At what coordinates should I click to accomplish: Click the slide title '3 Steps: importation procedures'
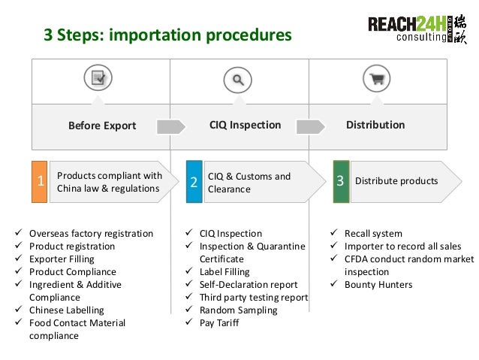167,35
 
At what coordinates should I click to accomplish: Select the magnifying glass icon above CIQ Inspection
238,78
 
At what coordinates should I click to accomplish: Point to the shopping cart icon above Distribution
376,78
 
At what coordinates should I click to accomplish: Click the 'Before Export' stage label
102,126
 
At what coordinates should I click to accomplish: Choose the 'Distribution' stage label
375,125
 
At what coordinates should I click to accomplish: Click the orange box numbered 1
39,181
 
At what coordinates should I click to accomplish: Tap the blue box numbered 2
193,182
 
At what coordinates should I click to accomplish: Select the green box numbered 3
341,181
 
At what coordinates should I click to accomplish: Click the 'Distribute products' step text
396,181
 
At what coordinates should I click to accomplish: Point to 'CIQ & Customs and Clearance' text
249,183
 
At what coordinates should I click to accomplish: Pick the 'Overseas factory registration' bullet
91,234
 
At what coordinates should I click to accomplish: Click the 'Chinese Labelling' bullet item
67,310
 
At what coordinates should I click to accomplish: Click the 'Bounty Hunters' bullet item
378,285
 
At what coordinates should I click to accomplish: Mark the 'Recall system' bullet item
373,234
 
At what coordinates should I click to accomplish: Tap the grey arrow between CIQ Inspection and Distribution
312,126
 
